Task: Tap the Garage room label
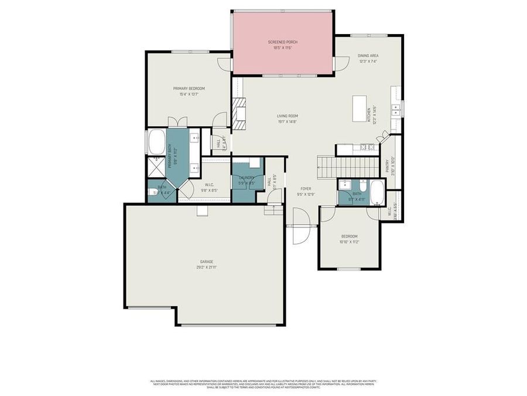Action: tap(206, 262)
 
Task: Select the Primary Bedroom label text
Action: tap(189, 89)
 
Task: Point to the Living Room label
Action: tap(288, 116)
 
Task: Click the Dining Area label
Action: tap(368, 56)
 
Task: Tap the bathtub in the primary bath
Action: tap(157, 142)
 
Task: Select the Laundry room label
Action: tap(246, 178)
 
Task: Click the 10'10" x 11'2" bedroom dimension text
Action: tap(350, 242)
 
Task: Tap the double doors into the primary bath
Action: tap(177, 122)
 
